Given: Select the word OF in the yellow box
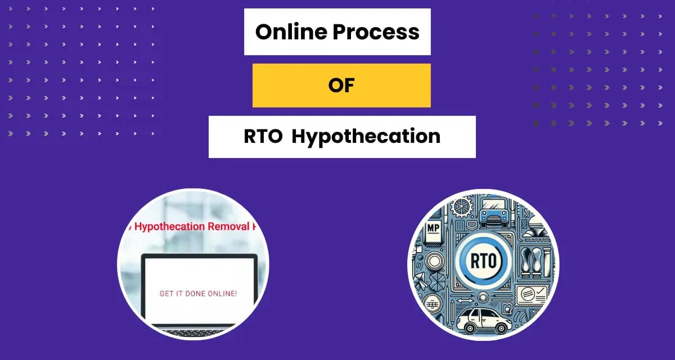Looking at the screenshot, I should tap(341, 85).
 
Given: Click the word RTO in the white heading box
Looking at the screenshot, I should tap(263, 137).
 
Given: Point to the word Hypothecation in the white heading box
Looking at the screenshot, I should tap(366, 137).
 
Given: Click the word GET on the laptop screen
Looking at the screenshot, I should tap(169, 293).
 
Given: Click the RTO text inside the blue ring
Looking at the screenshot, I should tap(481, 261).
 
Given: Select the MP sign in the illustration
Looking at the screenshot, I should tap(433, 228).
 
